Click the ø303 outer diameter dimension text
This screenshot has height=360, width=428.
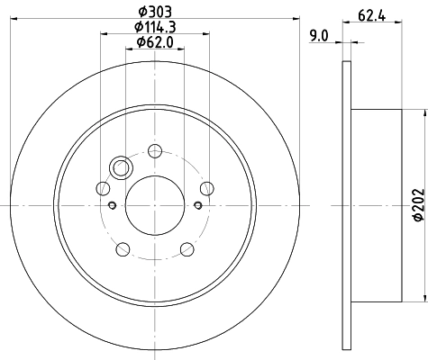(x=155, y=12)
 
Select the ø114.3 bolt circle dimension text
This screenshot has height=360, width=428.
(x=155, y=27)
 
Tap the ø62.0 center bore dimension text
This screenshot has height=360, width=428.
(x=155, y=42)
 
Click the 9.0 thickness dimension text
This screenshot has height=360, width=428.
(x=318, y=36)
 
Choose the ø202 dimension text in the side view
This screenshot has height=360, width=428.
(x=417, y=205)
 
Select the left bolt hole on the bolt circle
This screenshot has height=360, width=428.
(x=103, y=188)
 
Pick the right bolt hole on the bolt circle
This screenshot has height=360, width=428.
(x=206, y=187)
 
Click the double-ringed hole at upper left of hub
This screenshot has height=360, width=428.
(x=120, y=167)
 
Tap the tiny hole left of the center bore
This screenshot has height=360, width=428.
(x=112, y=204)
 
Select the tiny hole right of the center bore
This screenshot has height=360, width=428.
(x=196, y=204)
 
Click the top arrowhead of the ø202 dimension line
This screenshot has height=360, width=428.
(x=424, y=112)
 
